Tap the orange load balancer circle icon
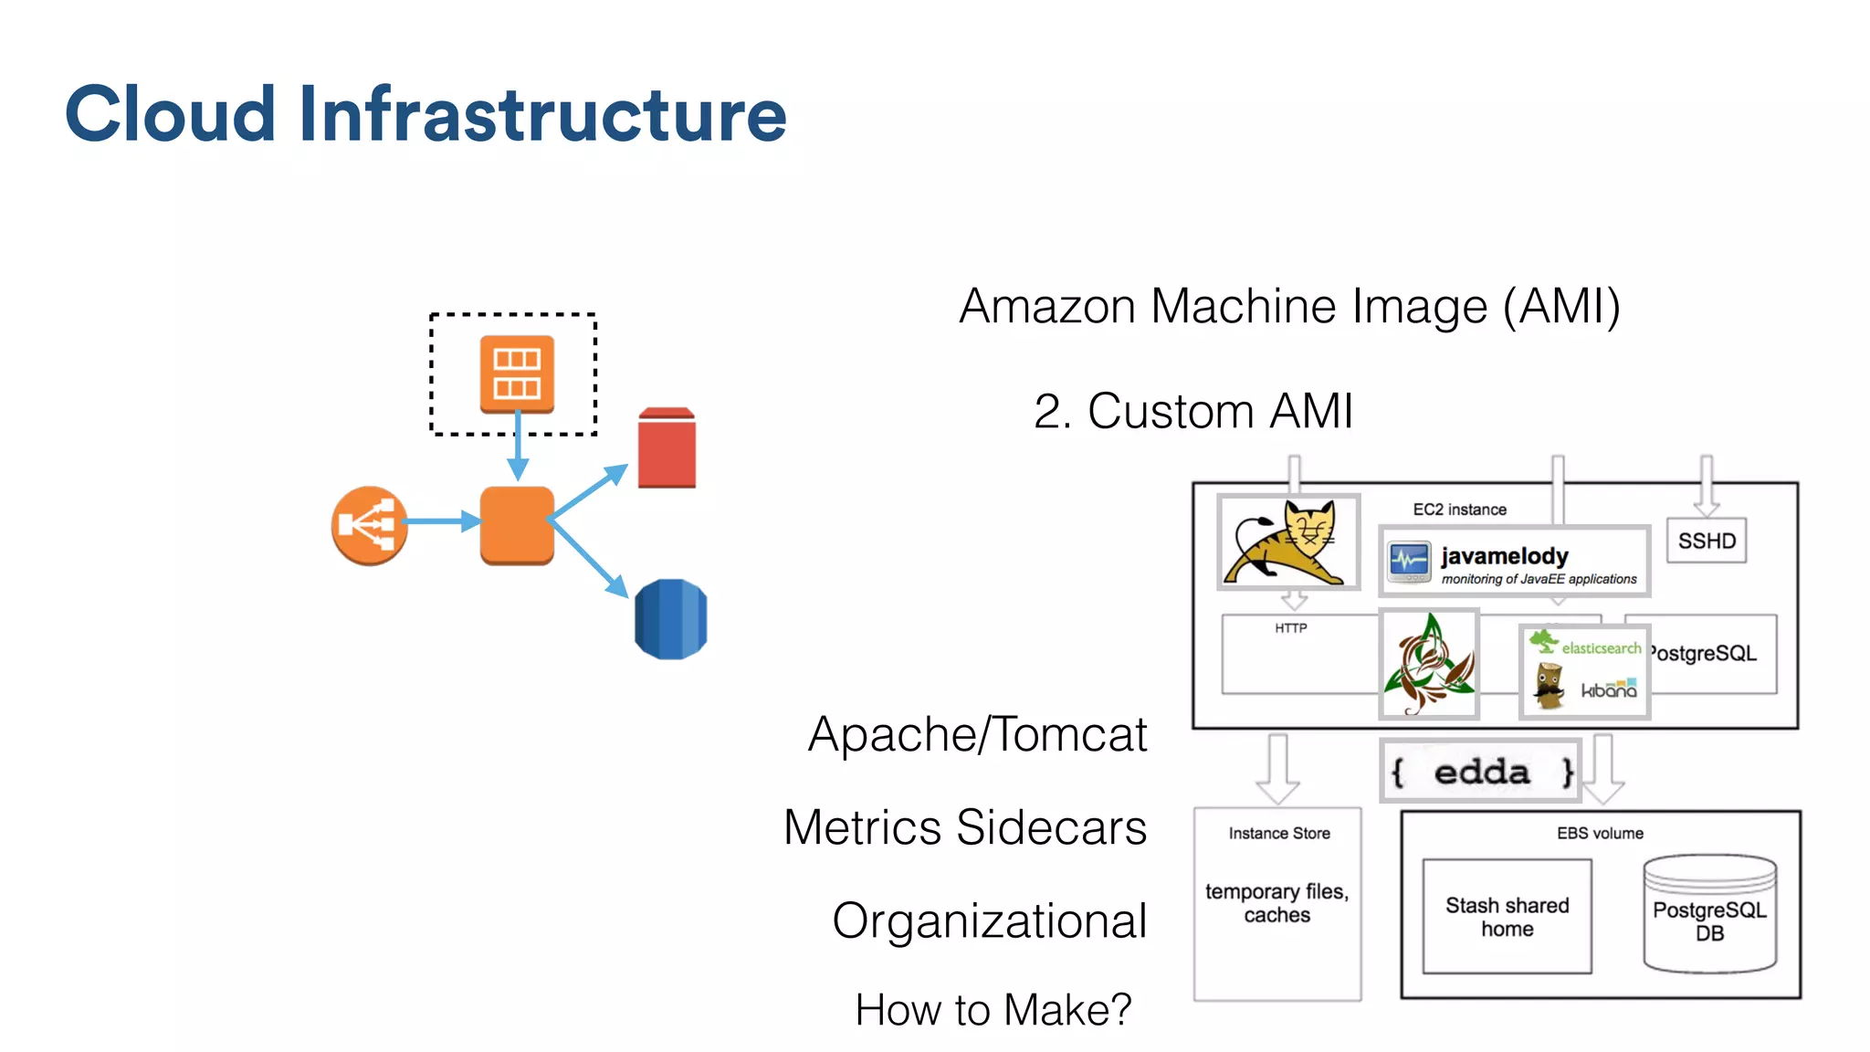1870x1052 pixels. tap(369, 525)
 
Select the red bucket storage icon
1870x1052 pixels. tap(667, 447)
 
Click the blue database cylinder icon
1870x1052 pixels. tap(670, 619)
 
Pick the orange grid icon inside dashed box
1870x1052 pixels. tap(517, 373)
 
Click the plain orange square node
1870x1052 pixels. tap(517, 525)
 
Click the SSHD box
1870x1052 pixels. tap(1706, 541)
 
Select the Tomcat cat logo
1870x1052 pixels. tap(1288, 542)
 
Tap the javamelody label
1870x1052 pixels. tap(1504, 556)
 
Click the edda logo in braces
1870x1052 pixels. tap(1480, 772)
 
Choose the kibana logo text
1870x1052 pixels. tap(1609, 690)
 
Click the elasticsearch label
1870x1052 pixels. tap(1600, 647)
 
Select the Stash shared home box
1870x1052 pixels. tap(1507, 916)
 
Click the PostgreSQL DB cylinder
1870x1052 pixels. tap(1709, 916)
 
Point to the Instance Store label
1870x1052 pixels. tap(1278, 833)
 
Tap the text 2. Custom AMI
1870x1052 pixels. tap(1192, 411)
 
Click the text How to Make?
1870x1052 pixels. tap(993, 1010)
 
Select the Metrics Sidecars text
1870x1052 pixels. tap(964, 827)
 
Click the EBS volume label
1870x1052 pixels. tap(1600, 833)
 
